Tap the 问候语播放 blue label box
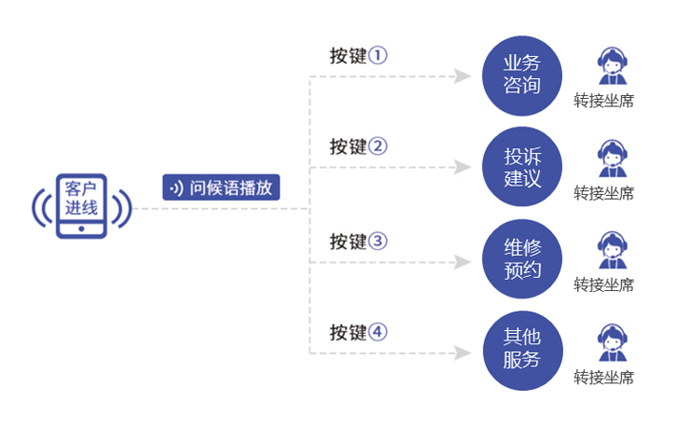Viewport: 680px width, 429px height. coord(221,187)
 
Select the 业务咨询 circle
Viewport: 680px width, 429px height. coord(522,75)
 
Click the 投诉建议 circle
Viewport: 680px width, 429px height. coord(522,166)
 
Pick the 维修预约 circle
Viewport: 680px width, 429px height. coord(522,259)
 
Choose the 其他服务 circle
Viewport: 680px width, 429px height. coord(522,350)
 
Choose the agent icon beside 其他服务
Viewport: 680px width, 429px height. coord(610,342)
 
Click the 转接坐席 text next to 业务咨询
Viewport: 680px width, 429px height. coord(604,101)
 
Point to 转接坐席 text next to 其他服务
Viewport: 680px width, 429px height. coord(604,378)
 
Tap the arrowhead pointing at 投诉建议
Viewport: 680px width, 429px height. coord(463,167)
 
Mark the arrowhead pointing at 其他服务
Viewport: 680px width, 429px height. coord(463,352)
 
